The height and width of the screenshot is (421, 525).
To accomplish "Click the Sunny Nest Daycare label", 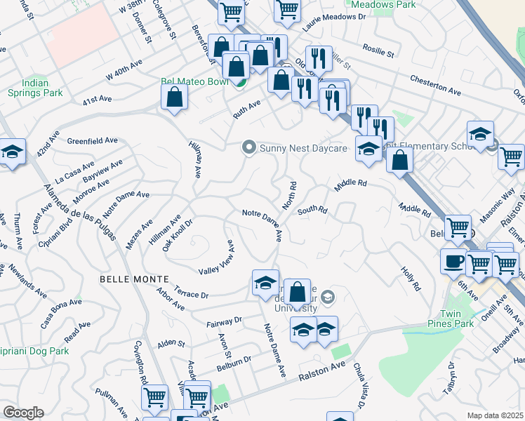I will click(304, 149).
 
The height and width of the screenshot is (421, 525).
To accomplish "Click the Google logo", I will click(23, 413).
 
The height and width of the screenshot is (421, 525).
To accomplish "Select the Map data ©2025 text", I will click(495, 415).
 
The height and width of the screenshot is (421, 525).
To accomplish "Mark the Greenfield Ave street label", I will click(93, 140).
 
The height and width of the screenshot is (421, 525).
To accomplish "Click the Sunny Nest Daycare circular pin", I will click(248, 148).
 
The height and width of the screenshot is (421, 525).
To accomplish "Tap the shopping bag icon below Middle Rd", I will click(399, 159).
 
